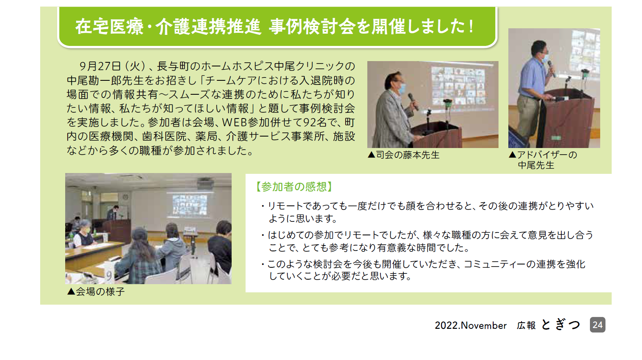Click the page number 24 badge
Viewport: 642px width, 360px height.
pyautogui.click(x=598, y=325)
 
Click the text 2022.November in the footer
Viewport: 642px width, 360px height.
pyautogui.click(x=471, y=326)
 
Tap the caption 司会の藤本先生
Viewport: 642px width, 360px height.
pyautogui.click(x=408, y=155)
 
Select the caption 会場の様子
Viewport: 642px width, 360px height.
pyautogui.click(x=100, y=292)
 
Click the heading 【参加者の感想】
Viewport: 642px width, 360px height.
pyautogui.click(x=294, y=187)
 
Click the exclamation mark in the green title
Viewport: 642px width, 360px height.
pyautogui.click(x=471, y=27)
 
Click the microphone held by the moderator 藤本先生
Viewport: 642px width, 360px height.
pyautogui.click(x=413, y=101)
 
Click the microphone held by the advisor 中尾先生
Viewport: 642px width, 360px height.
pyautogui.click(x=551, y=68)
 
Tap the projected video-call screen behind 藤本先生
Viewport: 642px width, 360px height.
pyautogui.click(x=458, y=86)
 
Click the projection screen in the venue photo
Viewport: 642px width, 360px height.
pyautogui.click(x=189, y=205)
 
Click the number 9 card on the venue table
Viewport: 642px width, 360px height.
pyautogui.click(x=109, y=276)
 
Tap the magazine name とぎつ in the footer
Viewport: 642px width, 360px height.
pyautogui.click(x=560, y=325)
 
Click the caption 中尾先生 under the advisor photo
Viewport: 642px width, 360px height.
pyautogui.click(x=536, y=165)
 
